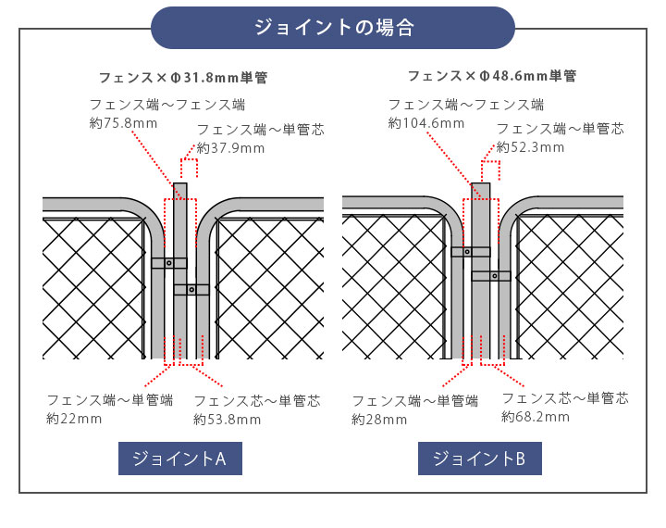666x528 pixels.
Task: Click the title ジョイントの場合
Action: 333,28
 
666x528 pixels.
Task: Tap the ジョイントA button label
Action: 180,459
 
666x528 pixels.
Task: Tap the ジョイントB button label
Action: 479,459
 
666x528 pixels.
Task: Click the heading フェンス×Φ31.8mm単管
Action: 183,77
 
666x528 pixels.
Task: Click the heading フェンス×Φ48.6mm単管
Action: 492,76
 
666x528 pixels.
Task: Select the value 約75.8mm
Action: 124,123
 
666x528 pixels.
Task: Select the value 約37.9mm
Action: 230,148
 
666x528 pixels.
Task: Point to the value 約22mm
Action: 74,419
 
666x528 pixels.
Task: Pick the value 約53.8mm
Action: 228,420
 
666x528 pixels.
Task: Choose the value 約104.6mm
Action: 426,123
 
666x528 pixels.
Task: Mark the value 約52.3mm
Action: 530,147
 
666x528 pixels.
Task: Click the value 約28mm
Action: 379,420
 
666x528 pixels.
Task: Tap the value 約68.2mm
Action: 536,418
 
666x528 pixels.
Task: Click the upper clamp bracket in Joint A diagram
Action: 169,263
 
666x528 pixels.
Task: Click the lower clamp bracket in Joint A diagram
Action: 191,290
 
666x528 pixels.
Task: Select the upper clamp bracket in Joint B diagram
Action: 470,251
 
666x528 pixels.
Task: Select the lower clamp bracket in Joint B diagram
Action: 491,276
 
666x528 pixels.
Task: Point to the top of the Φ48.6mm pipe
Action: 481,185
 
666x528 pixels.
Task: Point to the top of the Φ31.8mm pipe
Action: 180,185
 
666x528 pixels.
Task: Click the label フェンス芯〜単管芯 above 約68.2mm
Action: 564,398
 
